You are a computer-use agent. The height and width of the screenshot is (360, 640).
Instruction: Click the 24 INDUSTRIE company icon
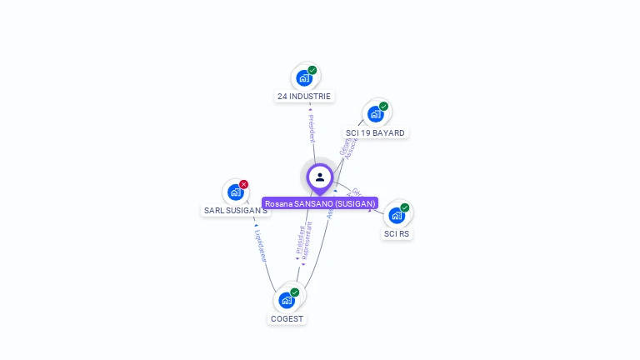pyautogui.click(x=304, y=78)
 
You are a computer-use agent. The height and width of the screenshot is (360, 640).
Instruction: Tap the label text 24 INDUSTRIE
pyautogui.click(x=304, y=97)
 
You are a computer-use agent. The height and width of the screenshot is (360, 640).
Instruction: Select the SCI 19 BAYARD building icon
pyautogui.click(x=376, y=114)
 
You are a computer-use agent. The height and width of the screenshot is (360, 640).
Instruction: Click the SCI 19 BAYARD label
pyautogui.click(x=375, y=133)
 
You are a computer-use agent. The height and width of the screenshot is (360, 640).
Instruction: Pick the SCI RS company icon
pyautogui.click(x=397, y=215)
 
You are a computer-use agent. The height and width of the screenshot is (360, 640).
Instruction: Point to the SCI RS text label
pyautogui.click(x=397, y=234)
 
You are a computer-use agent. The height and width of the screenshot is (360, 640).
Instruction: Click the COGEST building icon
pyautogui.click(x=287, y=300)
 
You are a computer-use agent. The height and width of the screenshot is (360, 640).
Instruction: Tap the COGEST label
pyautogui.click(x=287, y=318)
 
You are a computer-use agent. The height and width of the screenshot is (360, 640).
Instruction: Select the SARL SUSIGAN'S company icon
pyautogui.click(x=236, y=192)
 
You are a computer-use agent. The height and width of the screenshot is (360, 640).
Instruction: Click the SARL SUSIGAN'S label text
pyautogui.click(x=236, y=211)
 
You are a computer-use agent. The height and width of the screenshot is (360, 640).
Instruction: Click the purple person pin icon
pyautogui.click(x=320, y=177)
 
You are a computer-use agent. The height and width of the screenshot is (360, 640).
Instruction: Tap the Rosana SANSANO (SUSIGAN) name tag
pyautogui.click(x=320, y=203)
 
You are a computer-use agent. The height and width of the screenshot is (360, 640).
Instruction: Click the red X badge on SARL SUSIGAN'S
pyautogui.click(x=243, y=184)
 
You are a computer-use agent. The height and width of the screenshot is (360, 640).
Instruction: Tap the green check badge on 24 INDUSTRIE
pyautogui.click(x=312, y=70)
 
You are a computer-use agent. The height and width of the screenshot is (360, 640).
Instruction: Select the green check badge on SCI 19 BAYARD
pyautogui.click(x=383, y=106)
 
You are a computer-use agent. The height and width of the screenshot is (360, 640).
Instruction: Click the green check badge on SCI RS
pyautogui.click(x=405, y=207)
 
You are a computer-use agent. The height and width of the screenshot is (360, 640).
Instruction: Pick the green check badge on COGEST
pyautogui.click(x=295, y=292)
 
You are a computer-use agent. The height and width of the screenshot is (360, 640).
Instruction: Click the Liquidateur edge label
pyautogui.click(x=260, y=243)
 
